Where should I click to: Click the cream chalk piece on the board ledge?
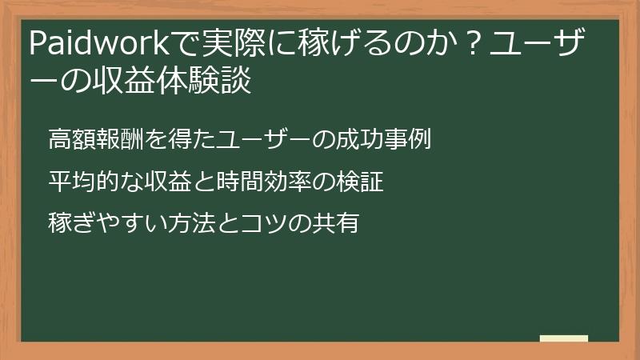click(x=564, y=338)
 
